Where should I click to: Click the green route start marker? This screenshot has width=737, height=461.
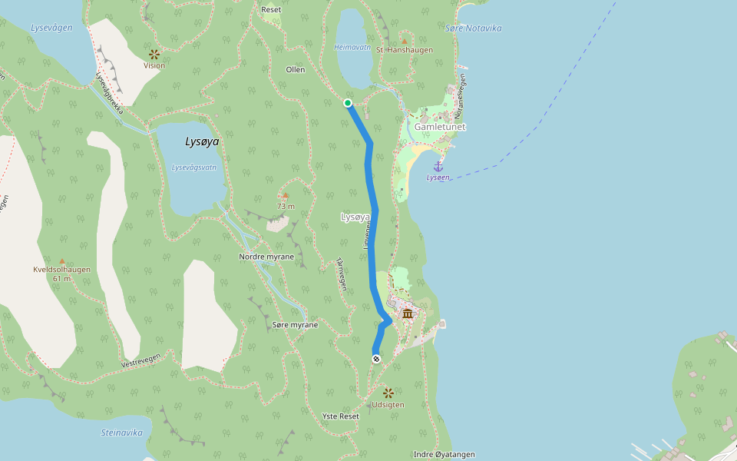[348, 103]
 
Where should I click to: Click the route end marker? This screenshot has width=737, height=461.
[376, 359]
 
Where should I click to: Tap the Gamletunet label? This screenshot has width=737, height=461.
[440, 127]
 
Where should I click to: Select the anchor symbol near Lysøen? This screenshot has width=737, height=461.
[438, 166]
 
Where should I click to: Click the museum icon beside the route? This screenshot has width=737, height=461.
[408, 313]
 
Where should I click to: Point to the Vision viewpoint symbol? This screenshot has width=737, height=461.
[154, 54]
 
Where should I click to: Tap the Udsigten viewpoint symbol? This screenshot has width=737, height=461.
[388, 393]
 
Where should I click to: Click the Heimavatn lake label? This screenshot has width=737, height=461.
[352, 47]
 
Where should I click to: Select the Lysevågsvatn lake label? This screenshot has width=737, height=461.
[193, 167]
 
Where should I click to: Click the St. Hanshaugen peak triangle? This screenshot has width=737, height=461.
[405, 41]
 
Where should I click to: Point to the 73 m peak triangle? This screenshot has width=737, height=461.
[286, 196]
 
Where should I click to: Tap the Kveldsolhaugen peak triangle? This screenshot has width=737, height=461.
[62, 261]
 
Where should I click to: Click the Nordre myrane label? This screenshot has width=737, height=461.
[266, 257]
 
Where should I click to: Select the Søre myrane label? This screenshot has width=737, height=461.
[295, 325]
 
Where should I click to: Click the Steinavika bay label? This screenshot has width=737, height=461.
[122, 433]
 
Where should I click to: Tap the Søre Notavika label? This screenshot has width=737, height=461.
[473, 28]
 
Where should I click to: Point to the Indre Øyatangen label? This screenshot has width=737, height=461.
[444, 454]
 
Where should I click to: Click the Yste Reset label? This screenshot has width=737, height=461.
[340, 416]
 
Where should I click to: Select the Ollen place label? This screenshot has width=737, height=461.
[296, 70]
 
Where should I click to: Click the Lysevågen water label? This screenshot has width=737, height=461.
[51, 28]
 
